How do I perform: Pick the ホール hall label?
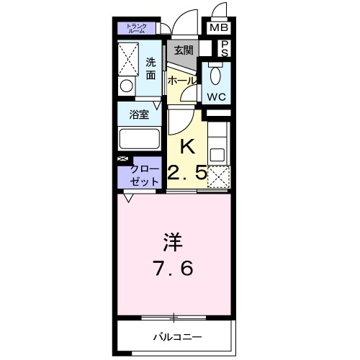[181, 81]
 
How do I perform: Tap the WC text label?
[217, 95]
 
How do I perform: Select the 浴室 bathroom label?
[139, 113]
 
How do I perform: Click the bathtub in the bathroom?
[140, 138]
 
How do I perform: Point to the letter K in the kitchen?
[186, 146]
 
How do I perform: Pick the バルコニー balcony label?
[176, 336]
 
